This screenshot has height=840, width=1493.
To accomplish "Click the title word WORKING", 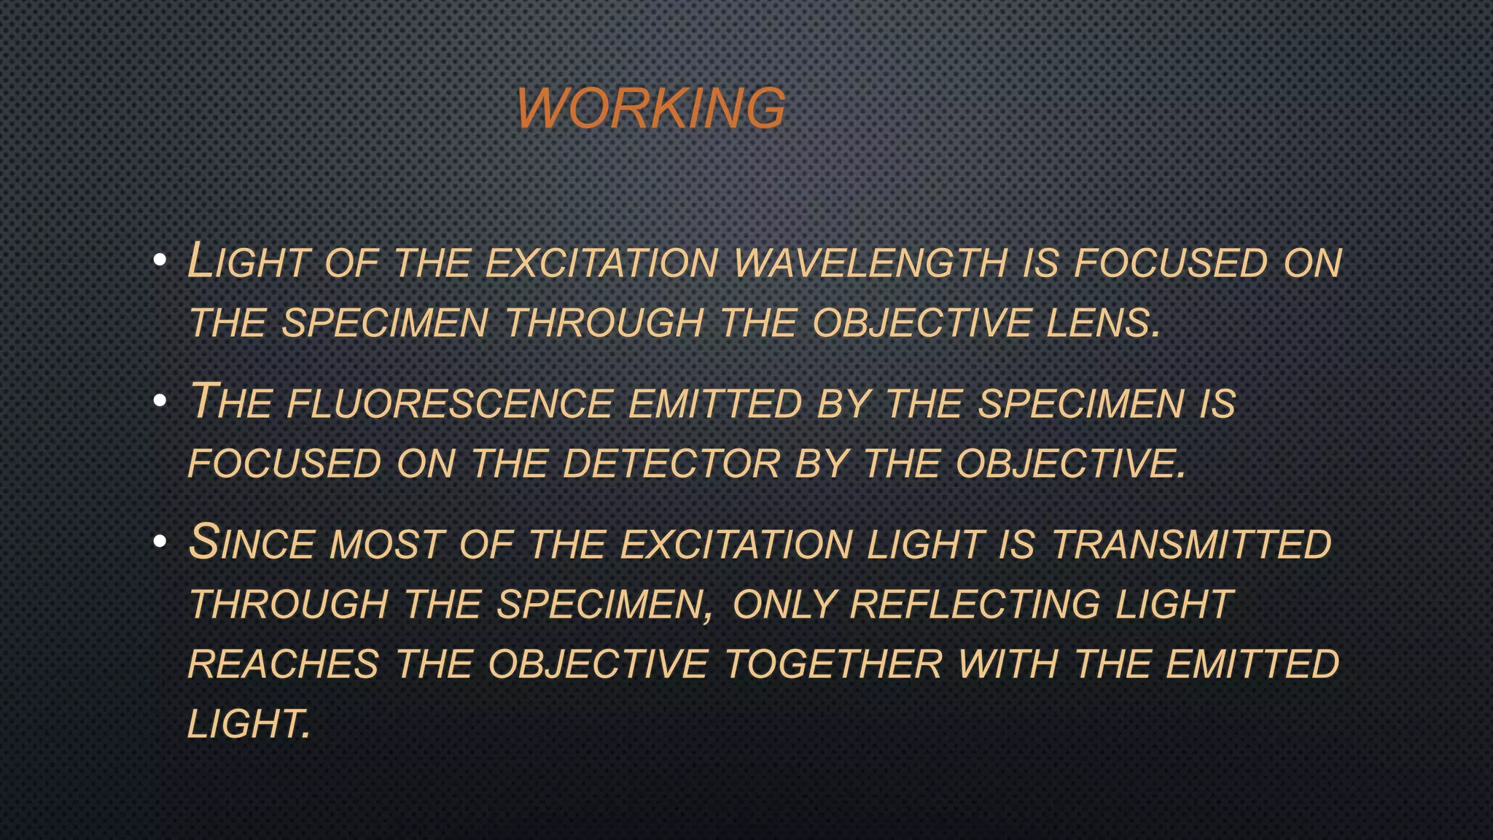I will [651, 108].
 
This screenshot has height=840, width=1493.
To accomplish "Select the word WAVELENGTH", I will [870, 262].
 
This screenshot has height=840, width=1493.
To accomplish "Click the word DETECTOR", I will [671, 464].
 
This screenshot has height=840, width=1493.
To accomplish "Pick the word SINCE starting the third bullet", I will [251, 543].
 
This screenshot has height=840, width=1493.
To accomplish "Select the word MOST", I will [387, 545].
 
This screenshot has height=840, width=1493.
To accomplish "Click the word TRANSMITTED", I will [1191, 545].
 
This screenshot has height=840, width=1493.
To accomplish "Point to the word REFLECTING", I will [975, 605].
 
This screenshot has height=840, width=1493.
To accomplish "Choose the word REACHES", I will [283, 665].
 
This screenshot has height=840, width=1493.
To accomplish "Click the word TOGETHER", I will [833, 665].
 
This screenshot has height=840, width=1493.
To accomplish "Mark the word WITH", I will [1008, 665].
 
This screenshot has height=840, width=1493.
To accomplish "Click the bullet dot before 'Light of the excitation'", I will [160, 260].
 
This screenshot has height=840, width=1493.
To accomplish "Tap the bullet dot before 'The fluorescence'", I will [160, 401].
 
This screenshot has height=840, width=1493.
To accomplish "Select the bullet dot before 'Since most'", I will [160, 542].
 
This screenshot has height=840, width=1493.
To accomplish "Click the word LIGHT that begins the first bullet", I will [248, 261].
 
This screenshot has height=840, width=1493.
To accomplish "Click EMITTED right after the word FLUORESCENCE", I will [714, 404].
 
